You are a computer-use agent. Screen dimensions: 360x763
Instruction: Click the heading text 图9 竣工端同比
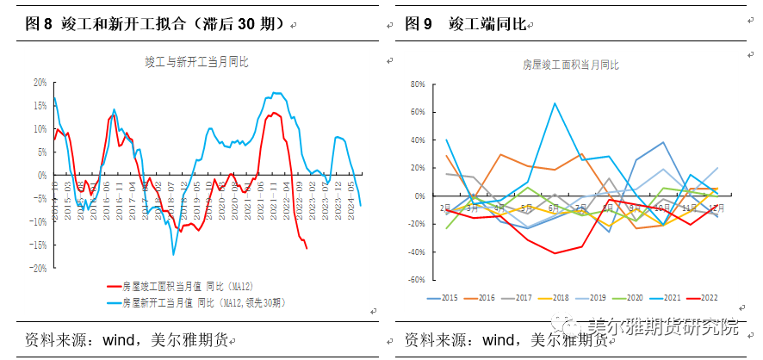pyautogui.click(x=465, y=24)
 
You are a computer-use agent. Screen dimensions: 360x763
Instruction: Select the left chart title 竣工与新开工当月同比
pyautogui.click(x=195, y=61)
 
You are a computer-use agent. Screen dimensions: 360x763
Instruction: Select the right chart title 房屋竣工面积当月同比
pyautogui.click(x=571, y=65)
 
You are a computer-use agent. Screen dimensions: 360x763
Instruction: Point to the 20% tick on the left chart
pyautogui.click(x=39, y=83)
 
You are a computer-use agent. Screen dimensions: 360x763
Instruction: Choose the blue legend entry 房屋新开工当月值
pyautogui.click(x=202, y=303)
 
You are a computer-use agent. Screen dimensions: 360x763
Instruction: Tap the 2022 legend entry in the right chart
pyautogui.click(x=707, y=298)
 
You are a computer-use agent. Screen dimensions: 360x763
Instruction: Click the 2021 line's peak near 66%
pyautogui.click(x=555, y=103)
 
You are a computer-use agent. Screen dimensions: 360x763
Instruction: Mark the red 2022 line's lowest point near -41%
pyautogui.click(x=555, y=253)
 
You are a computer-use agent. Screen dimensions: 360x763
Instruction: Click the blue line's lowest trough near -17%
pyautogui.click(x=173, y=254)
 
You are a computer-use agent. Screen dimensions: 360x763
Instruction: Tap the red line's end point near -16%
pyautogui.click(x=307, y=249)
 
